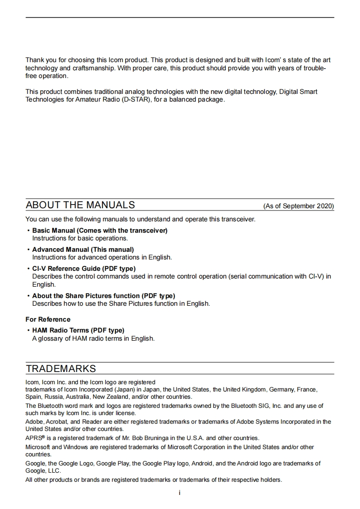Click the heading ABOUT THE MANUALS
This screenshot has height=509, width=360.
(80, 205)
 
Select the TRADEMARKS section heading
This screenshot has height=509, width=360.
(61, 368)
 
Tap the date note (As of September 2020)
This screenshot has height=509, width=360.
(298, 206)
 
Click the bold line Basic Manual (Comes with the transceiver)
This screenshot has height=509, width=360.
(100, 230)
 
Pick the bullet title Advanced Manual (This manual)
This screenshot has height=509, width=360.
(83, 250)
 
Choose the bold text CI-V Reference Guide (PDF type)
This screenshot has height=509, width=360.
(84, 269)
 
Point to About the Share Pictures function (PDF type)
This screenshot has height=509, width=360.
(104, 296)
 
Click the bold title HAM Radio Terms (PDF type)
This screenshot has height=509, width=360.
(78, 330)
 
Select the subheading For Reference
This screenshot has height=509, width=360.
(48, 319)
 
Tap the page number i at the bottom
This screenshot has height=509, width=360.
(180, 493)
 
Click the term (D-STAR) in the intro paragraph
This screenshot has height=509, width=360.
(135, 99)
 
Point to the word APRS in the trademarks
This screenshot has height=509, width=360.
(33, 438)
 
